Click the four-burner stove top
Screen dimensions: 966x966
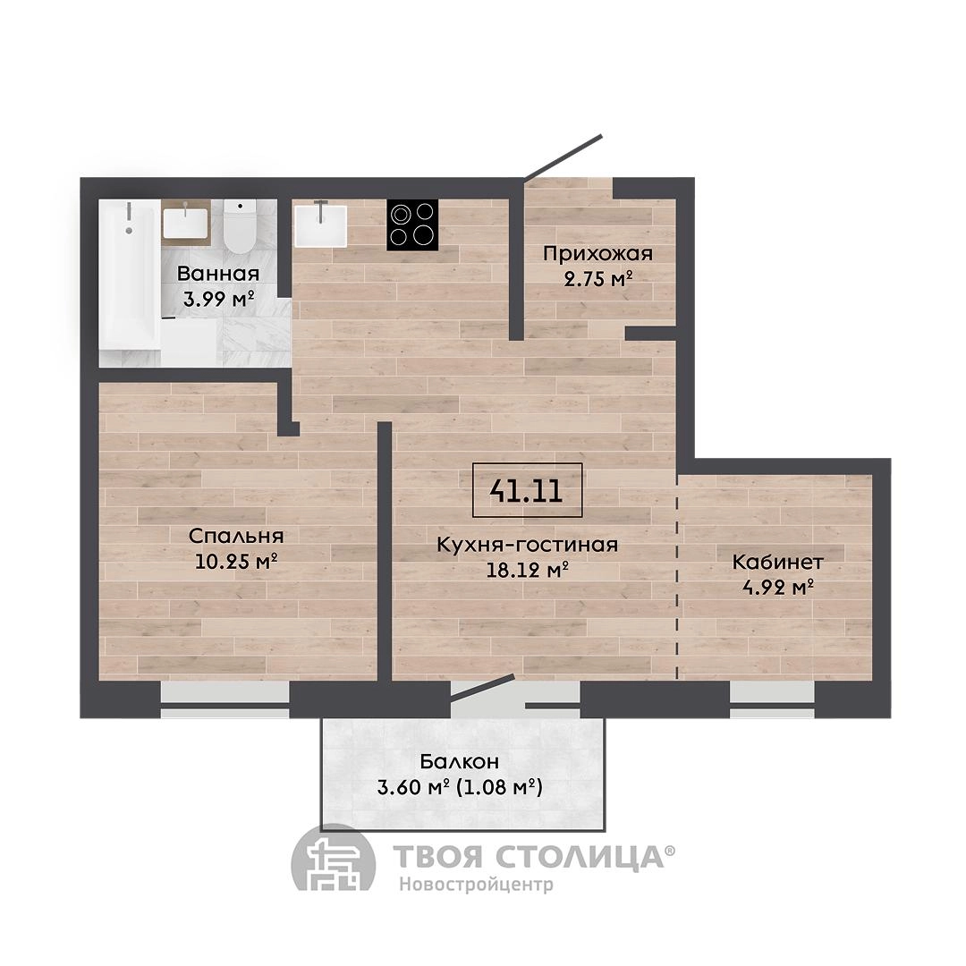[412, 225]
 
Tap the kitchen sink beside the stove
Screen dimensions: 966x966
[320, 225]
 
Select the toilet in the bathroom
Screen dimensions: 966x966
[240, 225]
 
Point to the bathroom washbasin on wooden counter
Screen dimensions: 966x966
[185, 223]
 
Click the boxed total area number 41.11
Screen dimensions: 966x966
[527, 490]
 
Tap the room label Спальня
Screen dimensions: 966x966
[236, 536]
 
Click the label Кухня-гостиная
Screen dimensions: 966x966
[528, 545]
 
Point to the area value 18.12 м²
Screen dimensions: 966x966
[528, 571]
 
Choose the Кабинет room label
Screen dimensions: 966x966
[778, 562]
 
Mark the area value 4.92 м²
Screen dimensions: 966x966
[778, 588]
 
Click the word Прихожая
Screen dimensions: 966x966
[597, 254]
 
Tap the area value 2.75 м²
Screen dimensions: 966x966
[598, 280]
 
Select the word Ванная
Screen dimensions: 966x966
[218, 273]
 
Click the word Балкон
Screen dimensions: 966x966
[460, 761]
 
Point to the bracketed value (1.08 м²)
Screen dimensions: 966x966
[500, 788]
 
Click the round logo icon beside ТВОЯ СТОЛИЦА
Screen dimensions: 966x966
[333, 859]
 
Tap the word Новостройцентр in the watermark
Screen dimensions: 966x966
[476, 885]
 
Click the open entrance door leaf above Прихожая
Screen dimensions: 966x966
[563, 157]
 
